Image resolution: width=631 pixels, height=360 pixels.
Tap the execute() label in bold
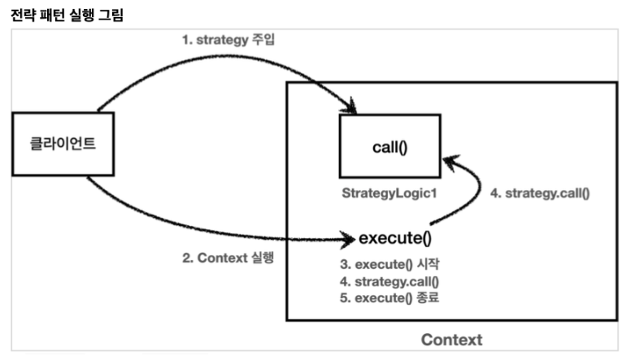coord(394,239)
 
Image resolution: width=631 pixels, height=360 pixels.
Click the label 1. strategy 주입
coord(228,37)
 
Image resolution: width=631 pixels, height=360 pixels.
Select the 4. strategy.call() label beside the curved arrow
coord(540,193)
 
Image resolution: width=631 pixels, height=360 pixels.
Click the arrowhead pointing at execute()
coord(349,240)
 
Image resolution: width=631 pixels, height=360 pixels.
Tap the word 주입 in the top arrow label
coord(264,37)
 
